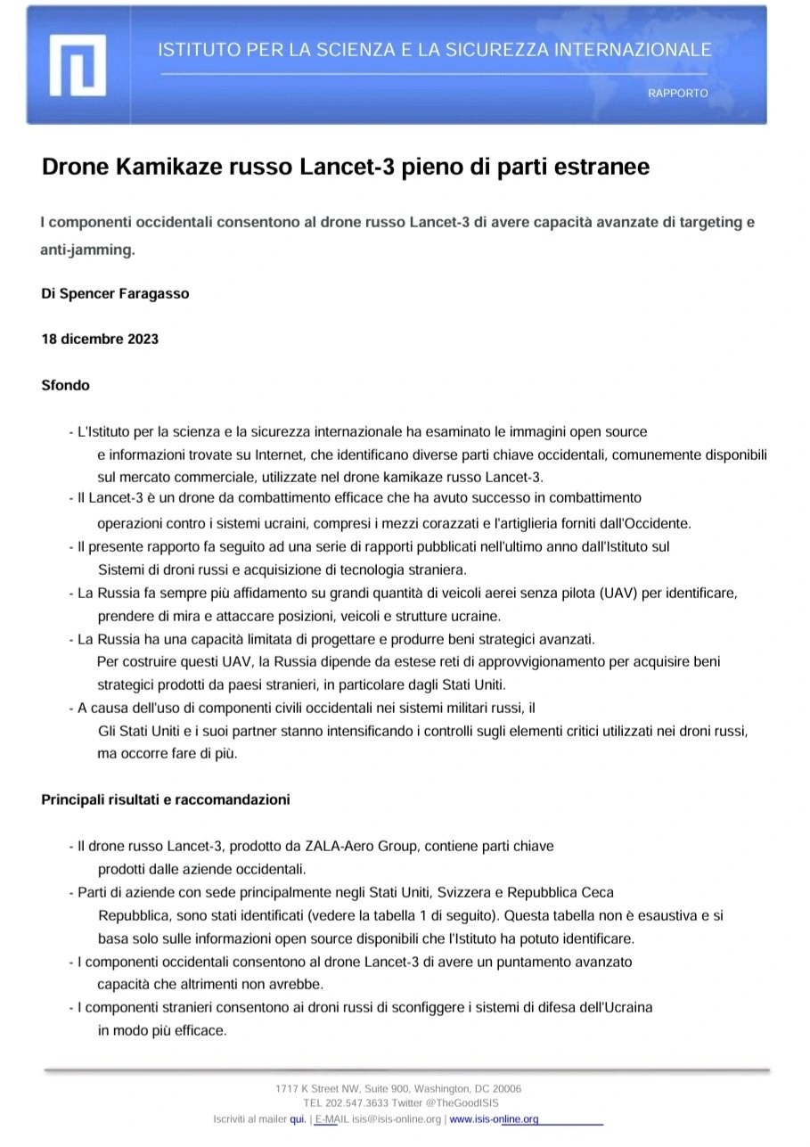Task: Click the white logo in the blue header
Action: click(78, 64)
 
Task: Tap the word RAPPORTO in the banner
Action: click(678, 93)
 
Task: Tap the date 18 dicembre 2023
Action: click(100, 340)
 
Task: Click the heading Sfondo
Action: click(65, 386)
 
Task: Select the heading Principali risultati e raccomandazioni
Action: click(166, 800)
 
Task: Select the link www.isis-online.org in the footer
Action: click(494, 1119)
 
